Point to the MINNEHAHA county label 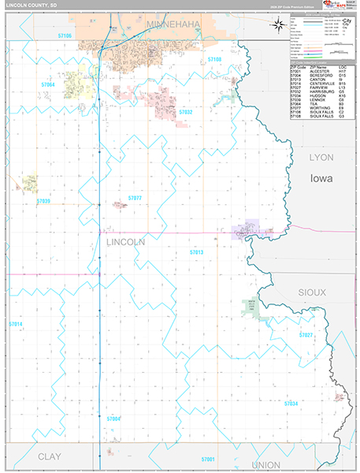click(172, 25)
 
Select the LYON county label click(321, 158)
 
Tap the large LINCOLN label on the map click(124, 243)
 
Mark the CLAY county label click(50, 456)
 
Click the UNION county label click(263, 464)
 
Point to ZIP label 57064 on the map click(49, 84)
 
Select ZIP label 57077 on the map click(135, 198)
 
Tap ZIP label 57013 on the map click(196, 251)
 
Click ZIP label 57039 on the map click(43, 201)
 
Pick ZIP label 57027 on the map click(306, 335)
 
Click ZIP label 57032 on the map click(186, 113)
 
